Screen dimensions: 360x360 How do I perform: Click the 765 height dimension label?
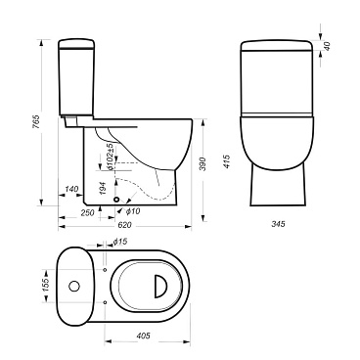coord(37,121)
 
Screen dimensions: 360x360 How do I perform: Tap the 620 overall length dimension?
coord(124,225)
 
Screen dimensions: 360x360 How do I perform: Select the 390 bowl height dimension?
coord(202,164)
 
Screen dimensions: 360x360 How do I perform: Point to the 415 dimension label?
coord(227,161)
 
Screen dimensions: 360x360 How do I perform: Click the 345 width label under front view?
coord(278,224)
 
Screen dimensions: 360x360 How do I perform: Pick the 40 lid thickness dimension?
coord(327,46)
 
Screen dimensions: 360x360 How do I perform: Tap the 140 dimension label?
coord(71,189)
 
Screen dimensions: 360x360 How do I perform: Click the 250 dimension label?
coord(87,213)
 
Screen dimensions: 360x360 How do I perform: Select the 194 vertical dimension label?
coord(102,188)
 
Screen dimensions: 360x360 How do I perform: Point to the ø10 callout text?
coord(132,211)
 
